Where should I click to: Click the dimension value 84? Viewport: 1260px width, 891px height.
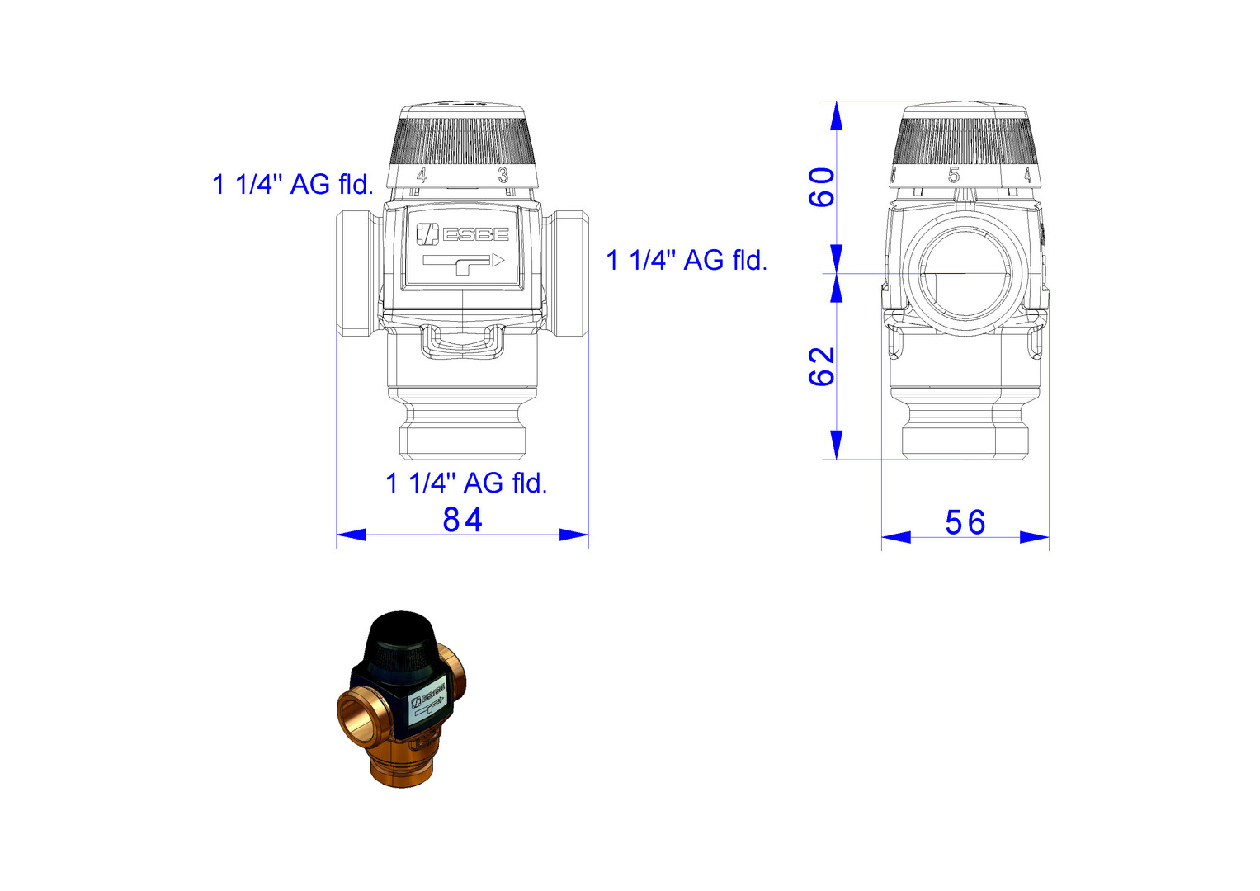[462, 520]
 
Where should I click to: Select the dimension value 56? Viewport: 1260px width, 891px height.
[965, 522]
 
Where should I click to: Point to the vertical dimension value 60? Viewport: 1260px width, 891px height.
[821, 187]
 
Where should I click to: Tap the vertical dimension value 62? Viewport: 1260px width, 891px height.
[821, 367]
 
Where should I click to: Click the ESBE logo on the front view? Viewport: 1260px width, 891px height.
[462, 234]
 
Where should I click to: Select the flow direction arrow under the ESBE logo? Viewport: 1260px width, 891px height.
[463, 264]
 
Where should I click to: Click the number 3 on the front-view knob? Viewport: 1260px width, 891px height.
[503, 176]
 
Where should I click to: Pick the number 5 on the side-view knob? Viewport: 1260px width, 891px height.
[953, 176]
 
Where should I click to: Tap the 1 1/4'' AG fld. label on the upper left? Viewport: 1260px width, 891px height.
[292, 185]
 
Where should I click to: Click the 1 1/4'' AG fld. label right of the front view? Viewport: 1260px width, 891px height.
[687, 261]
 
